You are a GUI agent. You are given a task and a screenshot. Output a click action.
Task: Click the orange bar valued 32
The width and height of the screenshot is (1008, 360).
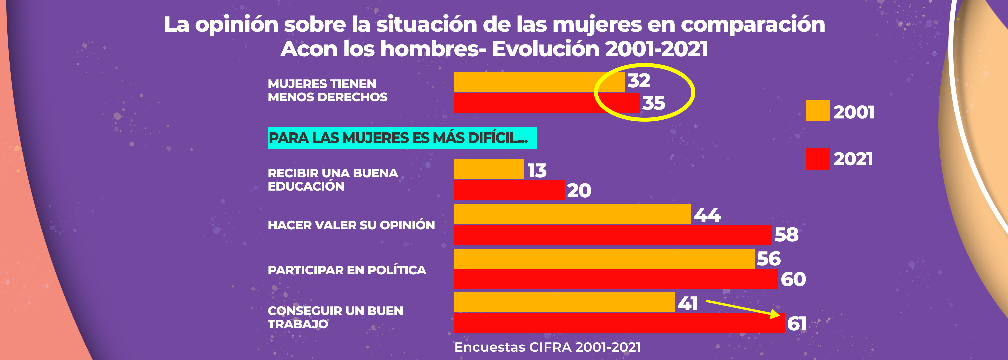pos(539,82)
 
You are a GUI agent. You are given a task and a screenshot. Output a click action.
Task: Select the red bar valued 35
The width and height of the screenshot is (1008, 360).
pos(546,103)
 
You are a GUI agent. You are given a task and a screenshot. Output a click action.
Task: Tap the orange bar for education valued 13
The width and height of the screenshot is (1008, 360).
pos(489,169)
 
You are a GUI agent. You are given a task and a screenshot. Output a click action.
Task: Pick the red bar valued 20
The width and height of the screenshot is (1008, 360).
pos(509,190)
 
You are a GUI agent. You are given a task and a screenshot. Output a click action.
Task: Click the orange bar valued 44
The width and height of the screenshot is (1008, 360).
pos(572,214)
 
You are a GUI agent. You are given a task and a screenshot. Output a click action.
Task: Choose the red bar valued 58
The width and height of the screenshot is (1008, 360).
pos(613,234)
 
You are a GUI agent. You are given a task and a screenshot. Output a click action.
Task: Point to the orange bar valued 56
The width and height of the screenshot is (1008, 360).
pos(604,259)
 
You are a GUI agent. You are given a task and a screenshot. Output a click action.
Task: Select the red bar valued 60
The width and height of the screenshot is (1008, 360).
pos(616,279)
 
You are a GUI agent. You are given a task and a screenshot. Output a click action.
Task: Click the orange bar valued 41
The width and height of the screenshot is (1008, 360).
pos(564,302)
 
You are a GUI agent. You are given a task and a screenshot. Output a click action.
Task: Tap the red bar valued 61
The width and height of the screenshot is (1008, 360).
pos(619,323)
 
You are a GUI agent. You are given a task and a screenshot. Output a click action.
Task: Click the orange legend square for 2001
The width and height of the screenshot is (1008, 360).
pos(818,110)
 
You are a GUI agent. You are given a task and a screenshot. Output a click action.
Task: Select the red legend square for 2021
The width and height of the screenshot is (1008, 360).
pos(818,159)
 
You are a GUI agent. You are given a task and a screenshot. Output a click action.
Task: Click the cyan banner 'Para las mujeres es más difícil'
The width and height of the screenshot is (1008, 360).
pos(402,138)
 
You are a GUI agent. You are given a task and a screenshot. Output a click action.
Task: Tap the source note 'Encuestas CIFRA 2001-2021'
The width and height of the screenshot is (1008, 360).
pos(547,347)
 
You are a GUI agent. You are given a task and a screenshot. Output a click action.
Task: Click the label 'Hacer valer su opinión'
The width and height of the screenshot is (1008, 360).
pos(351,225)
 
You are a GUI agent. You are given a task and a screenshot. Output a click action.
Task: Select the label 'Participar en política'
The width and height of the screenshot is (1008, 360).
pos(347,270)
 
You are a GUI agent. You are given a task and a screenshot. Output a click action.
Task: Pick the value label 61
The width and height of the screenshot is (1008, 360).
pos(797,324)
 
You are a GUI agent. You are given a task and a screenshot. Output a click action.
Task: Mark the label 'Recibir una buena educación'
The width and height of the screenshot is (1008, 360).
pos(333,180)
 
